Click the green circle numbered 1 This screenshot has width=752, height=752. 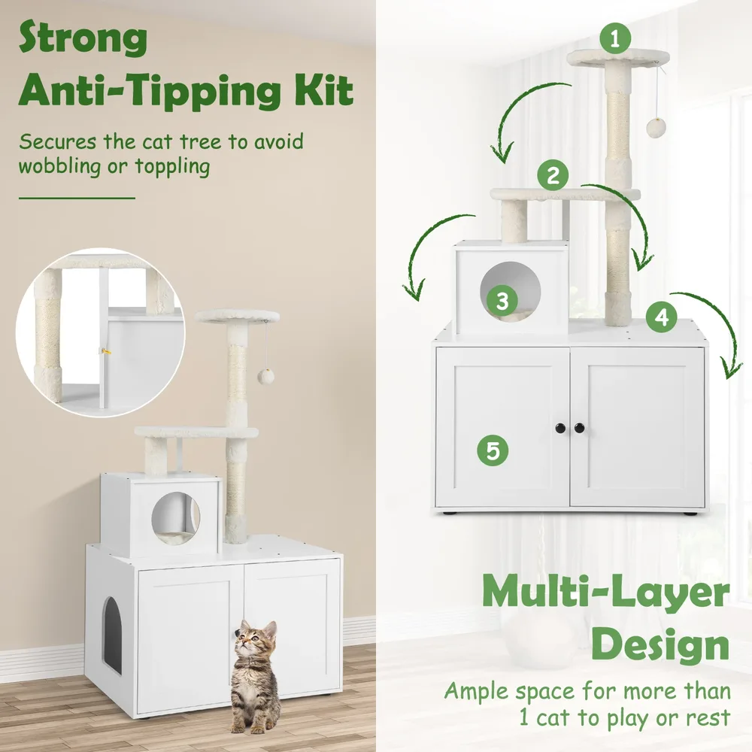(615, 38)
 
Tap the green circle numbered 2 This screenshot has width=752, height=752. (553, 175)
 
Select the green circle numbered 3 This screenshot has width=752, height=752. (502, 301)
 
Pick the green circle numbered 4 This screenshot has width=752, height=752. (661, 317)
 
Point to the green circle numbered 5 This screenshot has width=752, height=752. (493, 450)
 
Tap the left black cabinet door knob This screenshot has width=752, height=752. (561, 428)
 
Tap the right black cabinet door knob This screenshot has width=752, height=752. (579, 428)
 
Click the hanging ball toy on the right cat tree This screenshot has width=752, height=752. (656, 126)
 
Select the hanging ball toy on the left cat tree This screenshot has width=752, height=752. (265, 377)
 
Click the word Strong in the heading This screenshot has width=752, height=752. (83, 38)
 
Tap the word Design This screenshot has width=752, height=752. (660, 646)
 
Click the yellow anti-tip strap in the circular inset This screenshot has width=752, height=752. (105, 352)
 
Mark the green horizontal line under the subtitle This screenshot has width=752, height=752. (77, 198)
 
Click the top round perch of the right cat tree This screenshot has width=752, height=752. (617, 58)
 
